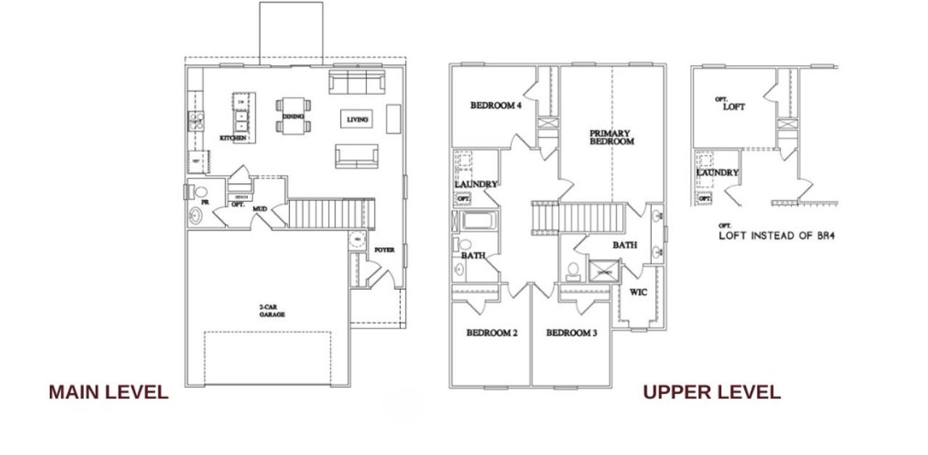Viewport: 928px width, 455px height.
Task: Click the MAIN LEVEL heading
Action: (x=108, y=393)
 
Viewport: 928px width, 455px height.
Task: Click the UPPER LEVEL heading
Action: (x=711, y=393)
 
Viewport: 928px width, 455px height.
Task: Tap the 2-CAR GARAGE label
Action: (x=272, y=312)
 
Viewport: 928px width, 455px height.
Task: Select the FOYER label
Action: (x=384, y=250)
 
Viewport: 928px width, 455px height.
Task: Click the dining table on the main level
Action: (x=293, y=116)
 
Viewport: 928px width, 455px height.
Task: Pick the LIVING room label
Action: (x=357, y=120)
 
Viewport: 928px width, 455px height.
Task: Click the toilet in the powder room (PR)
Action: (x=201, y=193)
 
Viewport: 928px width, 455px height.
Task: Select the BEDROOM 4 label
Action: (x=496, y=105)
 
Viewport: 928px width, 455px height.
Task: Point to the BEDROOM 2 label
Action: (x=492, y=333)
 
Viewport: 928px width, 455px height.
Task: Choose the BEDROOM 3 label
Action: (x=571, y=333)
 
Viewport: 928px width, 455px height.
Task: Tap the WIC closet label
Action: (x=638, y=293)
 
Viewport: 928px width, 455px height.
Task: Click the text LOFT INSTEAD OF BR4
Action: (x=776, y=235)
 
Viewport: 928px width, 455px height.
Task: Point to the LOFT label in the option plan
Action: (x=733, y=107)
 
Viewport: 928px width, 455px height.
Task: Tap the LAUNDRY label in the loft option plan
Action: (x=717, y=172)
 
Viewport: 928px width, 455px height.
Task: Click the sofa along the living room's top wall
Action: (x=356, y=82)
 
